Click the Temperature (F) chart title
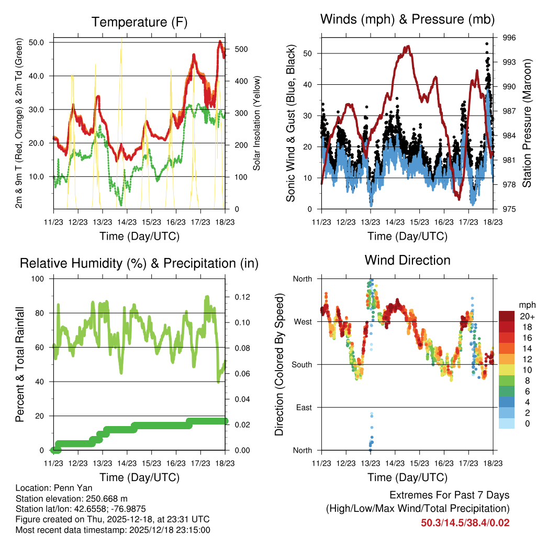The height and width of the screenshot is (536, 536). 139,22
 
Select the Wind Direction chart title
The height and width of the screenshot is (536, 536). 407,260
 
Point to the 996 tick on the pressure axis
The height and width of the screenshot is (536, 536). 509,38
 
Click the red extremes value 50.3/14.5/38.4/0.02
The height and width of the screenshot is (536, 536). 465,522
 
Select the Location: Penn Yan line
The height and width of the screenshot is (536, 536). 50,488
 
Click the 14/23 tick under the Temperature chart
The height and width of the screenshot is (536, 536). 127,221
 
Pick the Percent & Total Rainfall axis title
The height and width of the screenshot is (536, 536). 20,364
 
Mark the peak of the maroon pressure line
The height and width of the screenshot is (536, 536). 407,46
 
